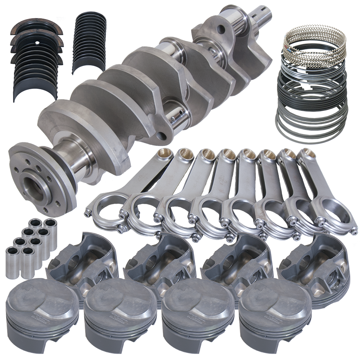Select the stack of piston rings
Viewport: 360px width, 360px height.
click(x=311, y=86)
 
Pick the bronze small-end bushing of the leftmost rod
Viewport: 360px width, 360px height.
click(x=164, y=154)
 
